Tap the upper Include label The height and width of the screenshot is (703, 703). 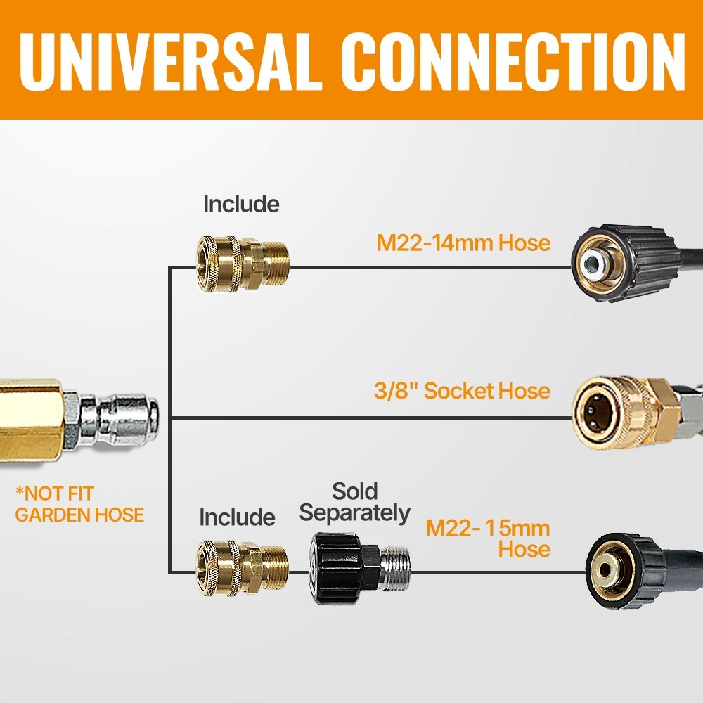click(241, 204)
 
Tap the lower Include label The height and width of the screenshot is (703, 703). click(237, 517)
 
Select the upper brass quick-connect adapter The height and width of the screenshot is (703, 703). click(243, 264)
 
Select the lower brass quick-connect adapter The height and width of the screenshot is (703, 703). click(242, 567)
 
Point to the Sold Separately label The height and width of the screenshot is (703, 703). click(354, 502)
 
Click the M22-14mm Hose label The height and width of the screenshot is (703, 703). click(463, 243)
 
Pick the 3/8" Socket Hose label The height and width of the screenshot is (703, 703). click(463, 390)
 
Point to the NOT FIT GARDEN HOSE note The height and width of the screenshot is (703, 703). click(79, 504)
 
